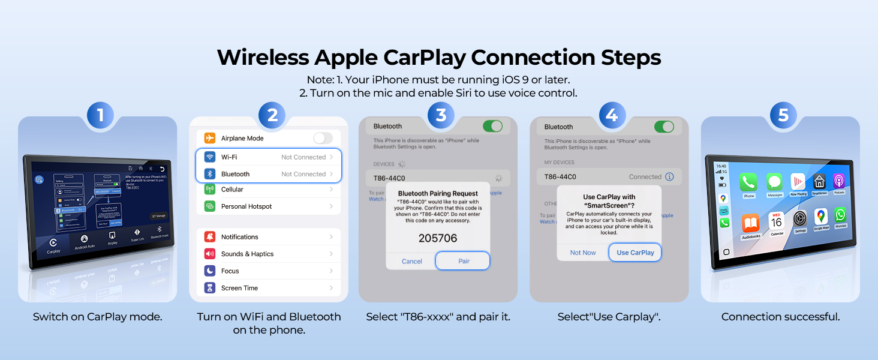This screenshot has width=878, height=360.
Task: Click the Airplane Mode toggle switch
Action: [x=323, y=138]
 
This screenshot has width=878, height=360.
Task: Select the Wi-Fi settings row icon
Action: [x=210, y=157]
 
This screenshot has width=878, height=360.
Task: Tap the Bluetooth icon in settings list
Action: [x=210, y=174]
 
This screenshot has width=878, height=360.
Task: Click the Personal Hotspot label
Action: [x=246, y=206]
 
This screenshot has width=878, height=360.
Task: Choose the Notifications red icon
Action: [x=210, y=237]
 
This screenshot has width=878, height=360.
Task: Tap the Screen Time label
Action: [x=239, y=288]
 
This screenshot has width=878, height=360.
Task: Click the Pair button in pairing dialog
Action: [x=463, y=261]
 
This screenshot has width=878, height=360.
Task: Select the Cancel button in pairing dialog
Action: [x=412, y=261]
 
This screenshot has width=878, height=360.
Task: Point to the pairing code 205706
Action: [x=438, y=238]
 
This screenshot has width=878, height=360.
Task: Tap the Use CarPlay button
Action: [x=635, y=253]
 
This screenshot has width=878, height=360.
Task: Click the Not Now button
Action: [x=583, y=253]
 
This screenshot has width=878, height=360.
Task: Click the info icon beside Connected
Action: [x=670, y=177]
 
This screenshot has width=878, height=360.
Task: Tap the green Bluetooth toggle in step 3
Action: [x=492, y=126]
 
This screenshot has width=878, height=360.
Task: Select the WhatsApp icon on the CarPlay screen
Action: [x=840, y=216]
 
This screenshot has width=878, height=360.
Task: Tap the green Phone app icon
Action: [x=748, y=182]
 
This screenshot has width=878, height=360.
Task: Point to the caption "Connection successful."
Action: [x=780, y=317]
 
